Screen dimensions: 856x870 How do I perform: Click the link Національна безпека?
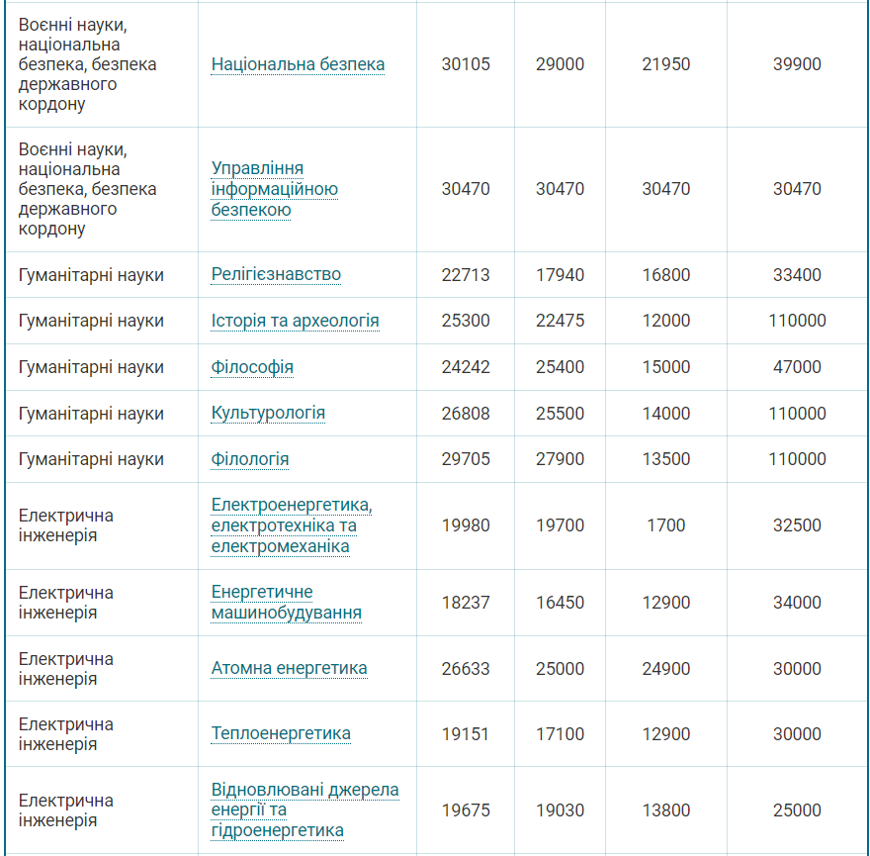click(x=298, y=64)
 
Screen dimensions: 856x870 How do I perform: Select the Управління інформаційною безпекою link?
click(x=275, y=189)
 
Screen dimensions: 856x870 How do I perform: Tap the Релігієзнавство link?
click(x=276, y=274)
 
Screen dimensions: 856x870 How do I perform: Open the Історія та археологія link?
click(x=295, y=321)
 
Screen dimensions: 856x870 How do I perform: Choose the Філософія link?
click(x=252, y=367)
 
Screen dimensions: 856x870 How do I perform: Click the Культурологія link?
click(x=268, y=413)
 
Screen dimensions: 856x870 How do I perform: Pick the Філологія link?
click(x=250, y=459)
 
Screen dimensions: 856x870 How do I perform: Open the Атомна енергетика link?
click(x=289, y=668)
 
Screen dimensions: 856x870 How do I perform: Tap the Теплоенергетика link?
click(x=281, y=733)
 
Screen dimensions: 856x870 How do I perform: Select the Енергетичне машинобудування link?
click(x=286, y=603)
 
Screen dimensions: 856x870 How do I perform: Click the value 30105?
click(x=466, y=64)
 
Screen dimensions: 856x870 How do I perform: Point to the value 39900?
click(x=797, y=64)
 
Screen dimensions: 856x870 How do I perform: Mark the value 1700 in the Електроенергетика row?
click(x=666, y=525)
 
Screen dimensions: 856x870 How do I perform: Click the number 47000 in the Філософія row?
click(x=797, y=367)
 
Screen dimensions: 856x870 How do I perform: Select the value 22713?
click(x=466, y=274)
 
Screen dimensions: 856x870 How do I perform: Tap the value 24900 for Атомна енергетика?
click(x=666, y=668)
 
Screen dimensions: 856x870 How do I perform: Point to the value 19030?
click(x=561, y=810)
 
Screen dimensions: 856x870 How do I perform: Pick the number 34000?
click(x=797, y=603)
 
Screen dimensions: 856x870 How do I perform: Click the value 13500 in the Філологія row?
click(x=666, y=459)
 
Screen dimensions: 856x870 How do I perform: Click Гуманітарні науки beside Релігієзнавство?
click(x=91, y=274)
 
